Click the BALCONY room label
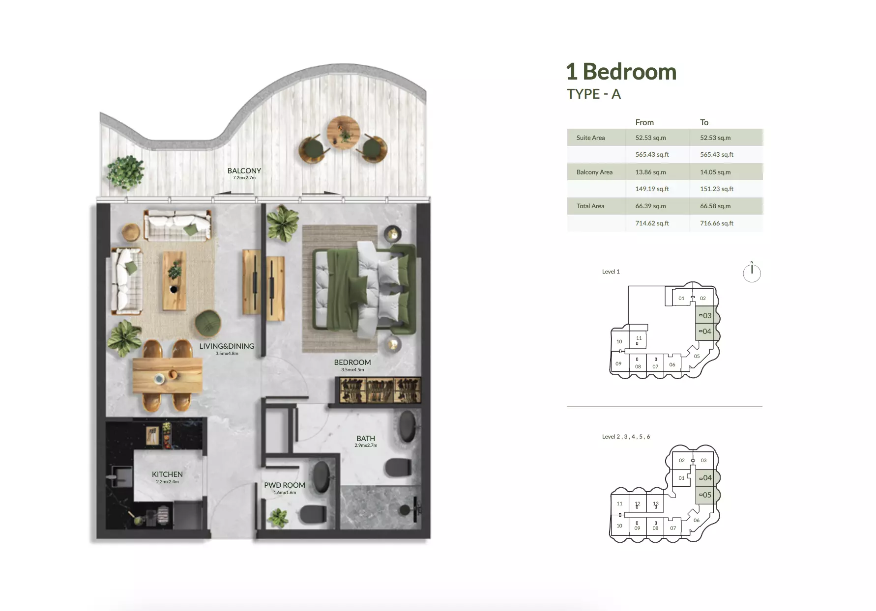244,171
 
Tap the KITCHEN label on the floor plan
167,474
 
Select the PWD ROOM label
285,485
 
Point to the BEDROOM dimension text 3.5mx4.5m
352,370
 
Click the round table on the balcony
343,132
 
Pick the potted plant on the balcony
126,172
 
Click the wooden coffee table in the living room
175,280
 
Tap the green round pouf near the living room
208,323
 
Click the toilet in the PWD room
313,514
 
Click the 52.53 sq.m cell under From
650,138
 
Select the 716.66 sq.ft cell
716,223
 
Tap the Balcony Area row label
594,172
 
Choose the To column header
704,122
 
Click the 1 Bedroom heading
621,72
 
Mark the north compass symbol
752,273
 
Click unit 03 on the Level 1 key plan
706,316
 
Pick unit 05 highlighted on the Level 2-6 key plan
706,495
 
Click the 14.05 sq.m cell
715,172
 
